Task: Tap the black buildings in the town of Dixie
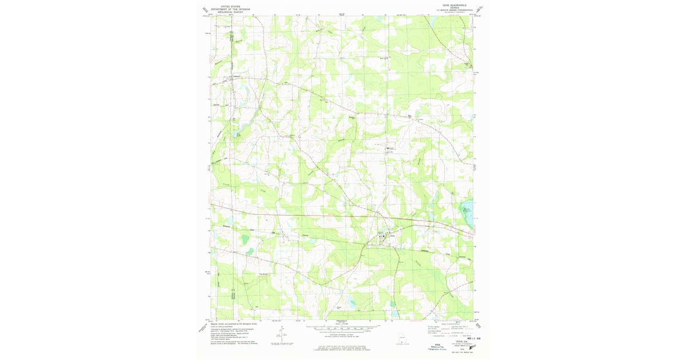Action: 382,235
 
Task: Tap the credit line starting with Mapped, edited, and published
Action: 234,323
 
